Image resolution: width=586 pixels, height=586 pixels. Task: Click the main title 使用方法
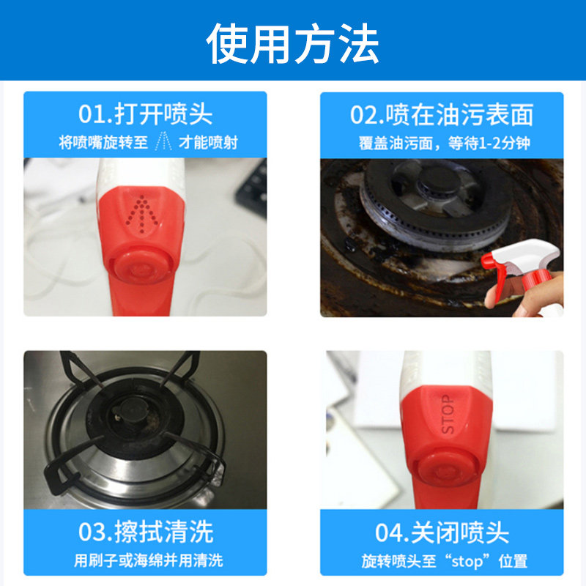(x=293, y=42)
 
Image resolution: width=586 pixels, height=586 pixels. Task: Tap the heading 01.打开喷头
(x=145, y=114)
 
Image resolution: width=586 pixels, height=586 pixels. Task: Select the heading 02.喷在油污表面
(x=441, y=114)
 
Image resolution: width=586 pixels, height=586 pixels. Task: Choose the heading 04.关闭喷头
(x=441, y=533)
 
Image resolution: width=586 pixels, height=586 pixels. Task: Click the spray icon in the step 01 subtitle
(x=164, y=142)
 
